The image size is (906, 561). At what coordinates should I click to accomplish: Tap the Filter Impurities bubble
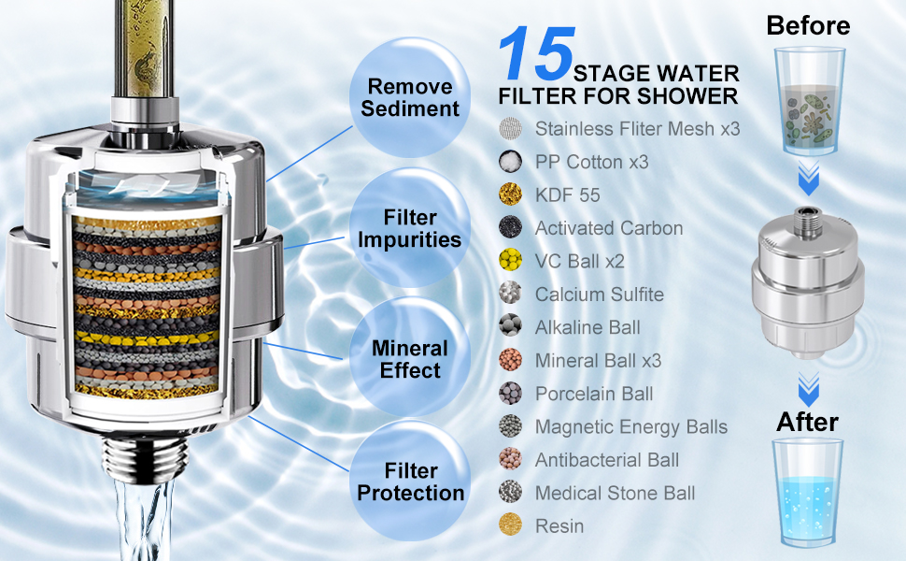pos(410,228)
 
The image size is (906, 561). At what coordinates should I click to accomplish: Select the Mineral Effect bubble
pos(410,359)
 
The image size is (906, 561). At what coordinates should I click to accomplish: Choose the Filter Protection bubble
pos(410,482)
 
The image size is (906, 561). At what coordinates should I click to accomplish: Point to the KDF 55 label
pos(567,195)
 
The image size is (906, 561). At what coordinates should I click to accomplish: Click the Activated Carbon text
pos(608,228)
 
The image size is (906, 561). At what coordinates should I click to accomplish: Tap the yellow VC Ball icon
pos(510,261)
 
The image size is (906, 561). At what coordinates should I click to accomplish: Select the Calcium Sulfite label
pos(599,295)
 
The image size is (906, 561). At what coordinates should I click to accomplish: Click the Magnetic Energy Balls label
pos(630,427)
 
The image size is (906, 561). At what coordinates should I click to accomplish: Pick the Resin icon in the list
pos(510,525)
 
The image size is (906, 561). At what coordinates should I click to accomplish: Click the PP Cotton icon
pos(510,162)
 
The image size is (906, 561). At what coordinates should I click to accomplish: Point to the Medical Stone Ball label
pos(615,493)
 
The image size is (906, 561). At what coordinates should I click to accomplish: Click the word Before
pos(808,25)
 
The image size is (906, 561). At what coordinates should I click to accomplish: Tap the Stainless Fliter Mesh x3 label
pos(637,129)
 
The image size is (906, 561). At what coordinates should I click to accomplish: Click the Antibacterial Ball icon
pos(510,460)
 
